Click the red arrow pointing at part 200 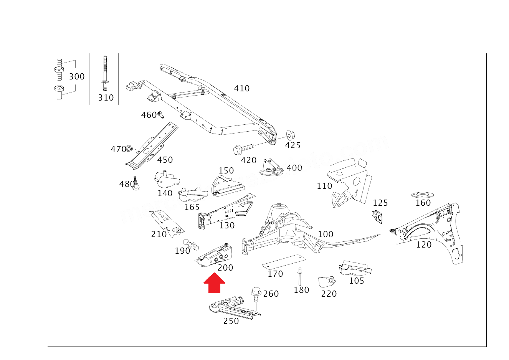pos(214,283)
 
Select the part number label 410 pos(242,89)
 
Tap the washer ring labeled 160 pos(423,194)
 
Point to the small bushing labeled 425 pos(291,135)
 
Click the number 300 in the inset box pos(77,77)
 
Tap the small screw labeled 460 pos(161,114)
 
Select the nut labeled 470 pos(129,147)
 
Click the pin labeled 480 pos(136,183)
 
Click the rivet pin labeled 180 pos(299,276)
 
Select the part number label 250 pos(231,321)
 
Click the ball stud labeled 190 pos(192,244)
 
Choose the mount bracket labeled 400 pos(272,167)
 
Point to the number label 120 pos(424,245)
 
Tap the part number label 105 pos(357,281)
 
